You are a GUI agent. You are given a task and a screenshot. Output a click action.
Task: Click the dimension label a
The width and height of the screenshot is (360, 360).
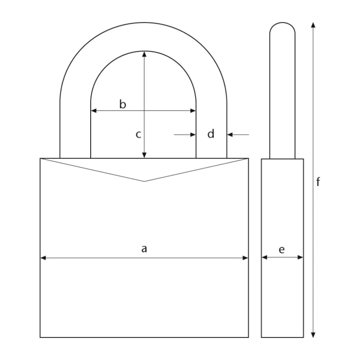(x=144, y=249)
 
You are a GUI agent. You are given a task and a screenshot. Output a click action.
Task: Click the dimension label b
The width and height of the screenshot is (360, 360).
(x=123, y=104)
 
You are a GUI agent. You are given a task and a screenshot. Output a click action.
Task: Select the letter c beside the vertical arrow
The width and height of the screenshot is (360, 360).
(x=138, y=134)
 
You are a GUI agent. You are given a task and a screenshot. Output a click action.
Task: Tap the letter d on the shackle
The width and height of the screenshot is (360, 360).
(x=211, y=134)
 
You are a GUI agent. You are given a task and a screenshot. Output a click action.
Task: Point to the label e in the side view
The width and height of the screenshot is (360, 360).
(x=281, y=250)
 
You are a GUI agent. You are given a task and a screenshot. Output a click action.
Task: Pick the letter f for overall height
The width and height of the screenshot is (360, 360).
(x=318, y=182)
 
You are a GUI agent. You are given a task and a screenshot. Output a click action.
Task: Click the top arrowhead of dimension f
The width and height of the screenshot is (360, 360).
(x=313, y=25)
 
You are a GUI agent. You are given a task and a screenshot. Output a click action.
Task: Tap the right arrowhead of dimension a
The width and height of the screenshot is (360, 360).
(x=245, y=258)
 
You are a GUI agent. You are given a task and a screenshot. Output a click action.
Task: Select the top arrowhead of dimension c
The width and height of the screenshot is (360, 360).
(x=144, y=54)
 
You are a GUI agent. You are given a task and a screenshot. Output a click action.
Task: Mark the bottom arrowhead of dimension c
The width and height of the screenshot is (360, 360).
(x=144, y=155)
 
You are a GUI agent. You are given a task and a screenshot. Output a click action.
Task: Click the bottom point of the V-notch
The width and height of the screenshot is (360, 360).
(x=144, y=181)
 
